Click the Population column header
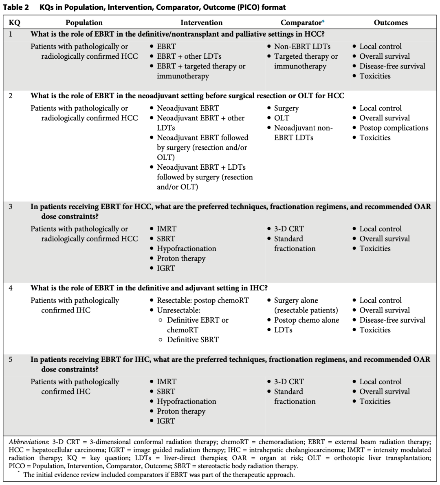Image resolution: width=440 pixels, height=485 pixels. point(84,23)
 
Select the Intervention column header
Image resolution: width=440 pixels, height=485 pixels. point(201,23)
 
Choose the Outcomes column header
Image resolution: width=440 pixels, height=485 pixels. point(390,23)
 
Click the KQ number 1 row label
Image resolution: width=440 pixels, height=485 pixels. point(11,34)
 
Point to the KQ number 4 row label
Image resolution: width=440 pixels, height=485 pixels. point(11,288)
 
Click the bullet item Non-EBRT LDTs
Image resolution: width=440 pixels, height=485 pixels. point(302,47)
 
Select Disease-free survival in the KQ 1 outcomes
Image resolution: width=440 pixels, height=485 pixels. point(392,66)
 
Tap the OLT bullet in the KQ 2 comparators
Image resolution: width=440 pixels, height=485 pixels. point(282,118)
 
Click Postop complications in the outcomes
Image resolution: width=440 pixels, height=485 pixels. point(394,128)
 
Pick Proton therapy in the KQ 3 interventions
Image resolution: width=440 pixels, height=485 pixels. point(181,258)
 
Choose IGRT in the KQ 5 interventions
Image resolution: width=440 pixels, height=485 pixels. point(166,421)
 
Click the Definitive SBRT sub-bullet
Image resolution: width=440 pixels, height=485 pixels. point(193,339)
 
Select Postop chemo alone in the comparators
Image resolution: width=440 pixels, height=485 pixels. point(306,320)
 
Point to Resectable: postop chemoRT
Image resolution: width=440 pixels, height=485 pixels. point(202,300)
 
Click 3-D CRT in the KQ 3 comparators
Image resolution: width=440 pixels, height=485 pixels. point(288,229)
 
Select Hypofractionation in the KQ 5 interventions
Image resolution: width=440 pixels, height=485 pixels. point(186,401)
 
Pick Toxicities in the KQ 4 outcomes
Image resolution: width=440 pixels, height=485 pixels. point(375,330)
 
